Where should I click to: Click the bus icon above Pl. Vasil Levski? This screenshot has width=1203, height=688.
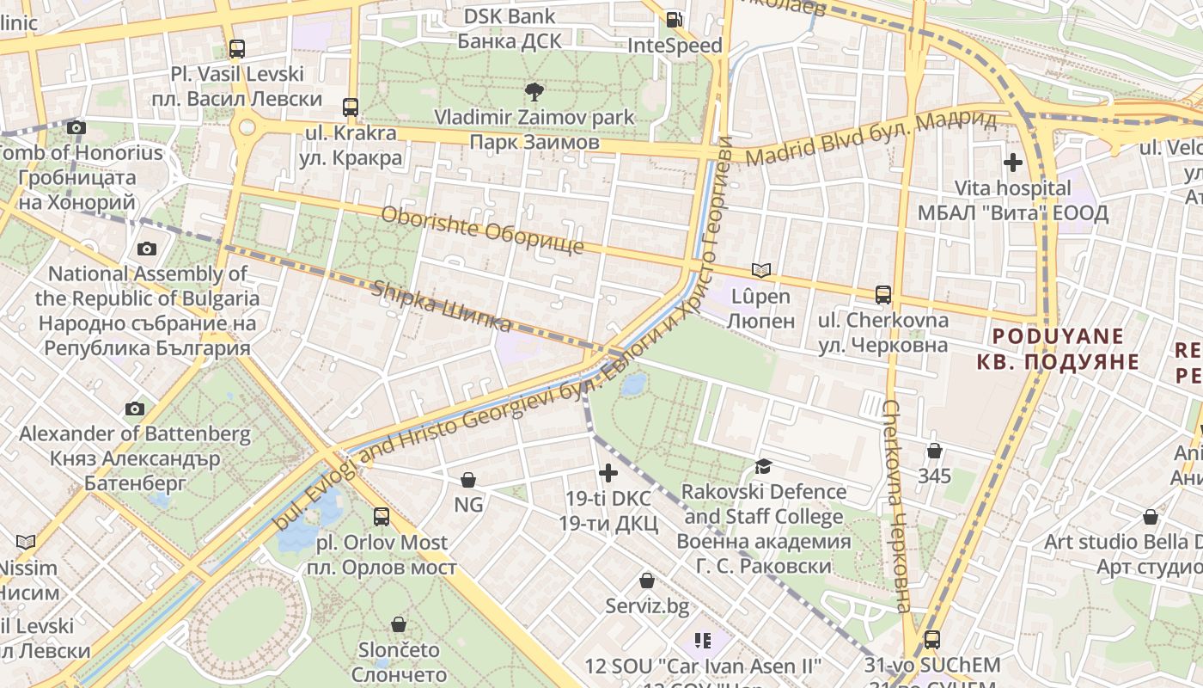click(x=237, y=49)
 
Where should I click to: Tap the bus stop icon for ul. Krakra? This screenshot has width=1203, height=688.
click(x=351, y=107)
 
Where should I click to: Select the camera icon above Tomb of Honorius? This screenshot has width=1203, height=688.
click(x=76, y=128)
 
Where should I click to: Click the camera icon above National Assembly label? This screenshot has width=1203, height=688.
click(x=147, y=249)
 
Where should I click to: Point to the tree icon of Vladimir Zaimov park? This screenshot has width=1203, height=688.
click(x=534, y=91)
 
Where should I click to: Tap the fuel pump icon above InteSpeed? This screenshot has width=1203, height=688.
click(x=675, y=19)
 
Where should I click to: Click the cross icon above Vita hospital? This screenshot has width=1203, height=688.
click(x=1013, y=162)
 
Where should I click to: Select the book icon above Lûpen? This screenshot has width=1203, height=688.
click(x=761, y=270)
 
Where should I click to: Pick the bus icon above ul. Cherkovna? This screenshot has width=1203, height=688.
click(x=882, y=295)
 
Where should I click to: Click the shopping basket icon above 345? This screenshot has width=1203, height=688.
click(x=934, y=451)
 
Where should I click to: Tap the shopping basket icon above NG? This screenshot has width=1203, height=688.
click(x=468, y=479)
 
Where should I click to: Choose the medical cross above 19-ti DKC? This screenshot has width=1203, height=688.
click(x=608, y=473)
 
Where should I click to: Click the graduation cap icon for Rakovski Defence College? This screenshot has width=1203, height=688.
click(x=763, y=466)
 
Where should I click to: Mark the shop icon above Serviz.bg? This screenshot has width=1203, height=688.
click(x=647, y=581)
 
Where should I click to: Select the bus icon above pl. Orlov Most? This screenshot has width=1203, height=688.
click(x=382, y=517)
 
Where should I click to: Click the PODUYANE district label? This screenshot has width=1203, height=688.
click(x=1057, y=348)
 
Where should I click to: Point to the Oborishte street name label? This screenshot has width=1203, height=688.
click(x=481, y=230)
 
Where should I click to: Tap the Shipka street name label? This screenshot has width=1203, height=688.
click(x=442, y=306)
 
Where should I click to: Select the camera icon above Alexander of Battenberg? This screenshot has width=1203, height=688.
click(x=135, y=408)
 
